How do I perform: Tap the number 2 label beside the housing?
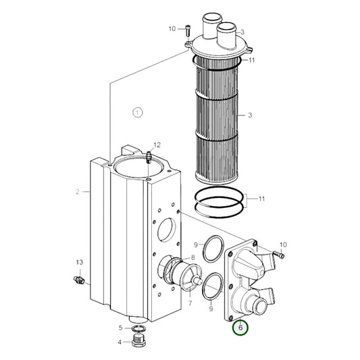[78, 192]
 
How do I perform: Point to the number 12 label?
[157, 145]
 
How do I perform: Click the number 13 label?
[78, 262]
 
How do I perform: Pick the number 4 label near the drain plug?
[120, 341]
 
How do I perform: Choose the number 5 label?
[120, 328]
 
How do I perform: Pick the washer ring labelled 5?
[138, 328]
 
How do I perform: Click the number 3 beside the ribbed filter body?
[249, 115]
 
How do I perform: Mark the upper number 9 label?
[195, 244]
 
